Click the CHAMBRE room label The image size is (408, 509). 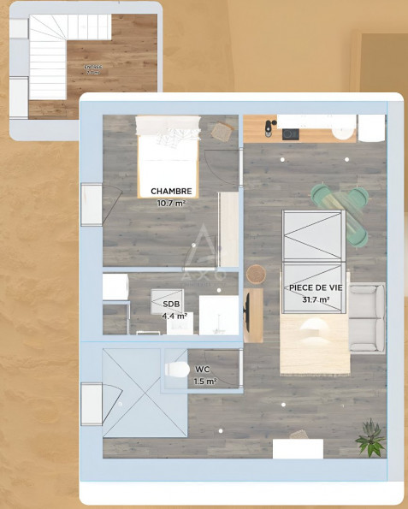(171, 191)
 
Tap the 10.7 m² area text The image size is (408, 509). (171, 204)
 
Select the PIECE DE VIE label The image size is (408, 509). (316, 288)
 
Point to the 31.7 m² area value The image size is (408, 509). (316, 300)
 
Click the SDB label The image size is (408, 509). (172, 304)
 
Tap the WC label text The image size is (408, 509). (202, 370)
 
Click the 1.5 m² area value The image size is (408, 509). (204, 382)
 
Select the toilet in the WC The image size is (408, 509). (177, 369)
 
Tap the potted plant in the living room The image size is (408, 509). (370, 437)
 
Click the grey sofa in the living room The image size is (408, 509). (367, 317)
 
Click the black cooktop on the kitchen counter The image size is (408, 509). (291, 133)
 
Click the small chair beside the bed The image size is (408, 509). (222, 131)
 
